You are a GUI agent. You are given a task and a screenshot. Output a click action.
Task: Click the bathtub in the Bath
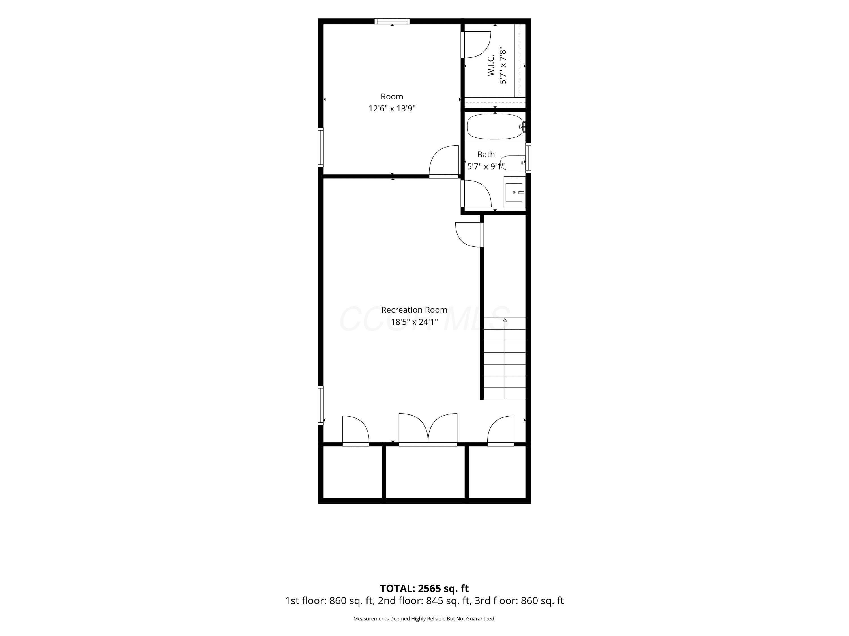[x=495, y=127]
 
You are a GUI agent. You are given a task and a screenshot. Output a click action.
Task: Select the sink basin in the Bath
[x=514, y=192]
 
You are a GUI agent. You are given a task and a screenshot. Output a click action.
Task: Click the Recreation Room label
[x=414, y=310]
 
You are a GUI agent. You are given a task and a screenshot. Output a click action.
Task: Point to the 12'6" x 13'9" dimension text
[x=392, y=109]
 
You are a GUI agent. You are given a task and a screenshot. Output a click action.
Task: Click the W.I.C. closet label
[x=491, y=66]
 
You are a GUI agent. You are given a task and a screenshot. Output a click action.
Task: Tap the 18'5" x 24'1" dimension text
[x=414, y=322]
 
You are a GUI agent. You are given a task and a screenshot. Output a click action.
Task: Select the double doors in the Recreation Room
[x=428, y=429]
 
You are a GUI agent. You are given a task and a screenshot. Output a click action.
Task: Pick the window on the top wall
[x=392, y=21]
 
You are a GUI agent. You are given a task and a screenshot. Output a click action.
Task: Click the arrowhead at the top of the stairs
[x=505, y=320]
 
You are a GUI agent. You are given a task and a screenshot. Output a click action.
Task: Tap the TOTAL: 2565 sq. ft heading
[x=424, y=589]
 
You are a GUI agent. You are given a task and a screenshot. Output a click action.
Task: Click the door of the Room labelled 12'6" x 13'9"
[x=444, y=161]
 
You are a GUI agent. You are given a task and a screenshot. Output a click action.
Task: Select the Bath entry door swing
[x=476, y=194]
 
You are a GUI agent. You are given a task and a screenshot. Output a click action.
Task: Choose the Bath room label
[x=486, y=155]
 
